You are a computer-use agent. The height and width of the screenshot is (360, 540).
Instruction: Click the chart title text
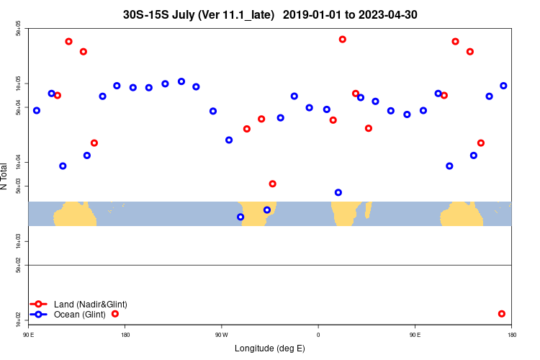pyautogui.click(x=270, y=14)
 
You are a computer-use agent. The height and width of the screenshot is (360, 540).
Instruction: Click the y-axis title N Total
pyautogui.click(x=4, y=176)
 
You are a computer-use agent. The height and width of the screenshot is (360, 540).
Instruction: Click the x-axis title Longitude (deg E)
pyautogui.click(x=270, y=348)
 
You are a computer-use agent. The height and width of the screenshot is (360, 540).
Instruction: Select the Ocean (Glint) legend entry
pyautogui.click(x=79, y=314)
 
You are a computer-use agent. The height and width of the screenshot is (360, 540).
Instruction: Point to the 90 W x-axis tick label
pyautogui.click(x=221, y=335)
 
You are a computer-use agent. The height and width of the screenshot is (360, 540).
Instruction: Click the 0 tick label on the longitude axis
pyautogui.click(x=318, y=335)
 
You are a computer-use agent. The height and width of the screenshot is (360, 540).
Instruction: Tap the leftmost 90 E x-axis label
pyautogui.click(x=29, y=335)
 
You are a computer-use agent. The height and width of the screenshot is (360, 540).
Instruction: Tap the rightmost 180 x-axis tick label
pyautogui.click(x=512, y=335)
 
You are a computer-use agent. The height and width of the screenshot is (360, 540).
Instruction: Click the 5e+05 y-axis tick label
pyautogui.click(x=19, y=30)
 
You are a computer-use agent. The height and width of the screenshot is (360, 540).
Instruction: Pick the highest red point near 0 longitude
pyautogui.click(x=343, y=40)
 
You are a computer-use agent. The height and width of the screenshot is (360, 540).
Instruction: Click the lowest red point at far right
pyautogui.click(x=502, y=314)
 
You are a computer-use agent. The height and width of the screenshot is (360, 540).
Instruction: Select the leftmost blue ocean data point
pyautogui.click(x=37, y=111)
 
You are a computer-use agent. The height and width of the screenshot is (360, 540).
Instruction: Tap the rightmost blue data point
pyautogui.click(x=503, y=86)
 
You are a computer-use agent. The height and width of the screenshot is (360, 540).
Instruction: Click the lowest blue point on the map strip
pyautogui.click(x=240, y=217)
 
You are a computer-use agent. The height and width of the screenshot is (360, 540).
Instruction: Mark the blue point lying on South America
pyautogui.click(x=267, y=210)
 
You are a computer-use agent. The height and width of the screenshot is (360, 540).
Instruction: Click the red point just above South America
pyautogui.click(x=273, y=184)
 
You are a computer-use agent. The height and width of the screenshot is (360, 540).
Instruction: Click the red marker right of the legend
pyautogui.click(x=115, y=314)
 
